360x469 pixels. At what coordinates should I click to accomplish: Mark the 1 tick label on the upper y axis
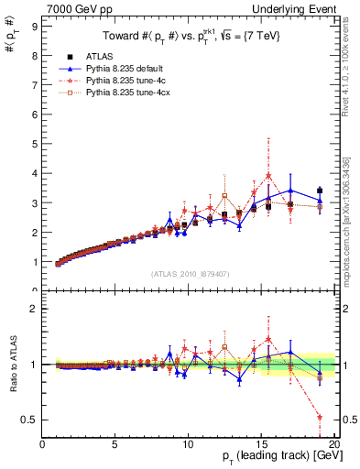coord(33,262)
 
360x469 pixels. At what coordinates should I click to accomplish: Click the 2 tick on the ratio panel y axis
coord(33,309)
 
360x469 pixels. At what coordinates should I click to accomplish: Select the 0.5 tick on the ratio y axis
coord(29,420)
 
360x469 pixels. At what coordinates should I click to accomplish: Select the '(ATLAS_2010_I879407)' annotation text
coord(188,274)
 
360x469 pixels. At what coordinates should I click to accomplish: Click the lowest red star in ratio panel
coord(319,418)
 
